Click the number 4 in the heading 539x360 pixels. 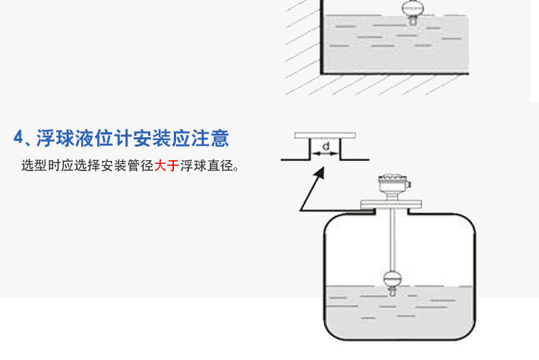(x=20, y=138)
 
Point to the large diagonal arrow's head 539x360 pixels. (x=322, y=172)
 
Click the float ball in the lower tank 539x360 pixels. (x=392, y=278)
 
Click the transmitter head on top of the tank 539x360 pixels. (x=392, y=188)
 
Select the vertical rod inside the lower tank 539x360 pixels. (x=392, y=241)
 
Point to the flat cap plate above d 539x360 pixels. (x=325, y=136)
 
